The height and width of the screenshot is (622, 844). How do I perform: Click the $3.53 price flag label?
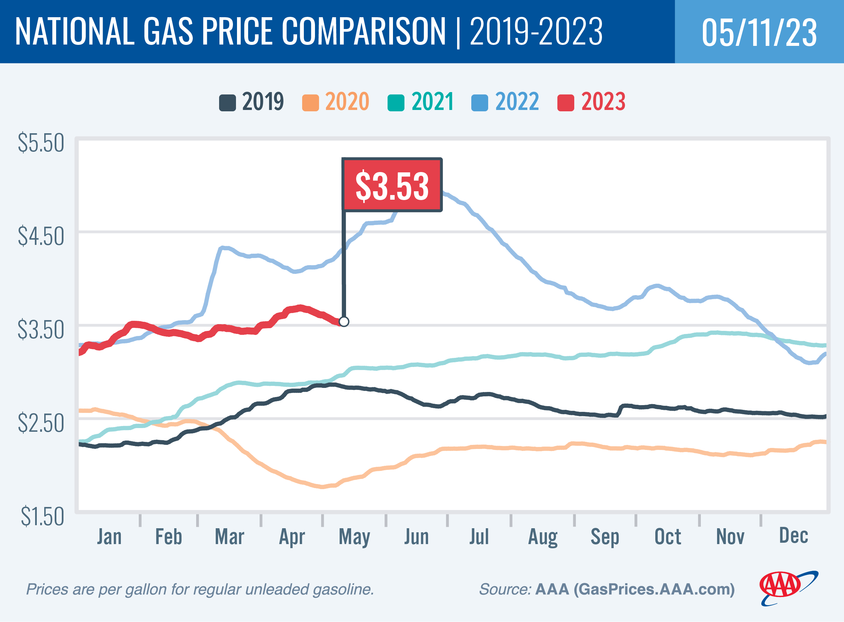tap(392, 185)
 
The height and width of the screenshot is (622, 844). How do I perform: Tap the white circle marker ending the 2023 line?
tap(344, 321)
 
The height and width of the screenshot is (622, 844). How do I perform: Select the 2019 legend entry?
tap(251, 102)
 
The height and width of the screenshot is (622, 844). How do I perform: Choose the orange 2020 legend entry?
tap(336, 102)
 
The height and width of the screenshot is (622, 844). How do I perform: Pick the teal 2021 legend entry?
tap(421, 102)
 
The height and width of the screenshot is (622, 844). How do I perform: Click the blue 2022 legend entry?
tap(505, 102)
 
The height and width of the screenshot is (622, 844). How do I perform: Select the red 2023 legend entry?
tap(591, 102)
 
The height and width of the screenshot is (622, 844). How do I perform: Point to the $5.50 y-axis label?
tap(41, 143)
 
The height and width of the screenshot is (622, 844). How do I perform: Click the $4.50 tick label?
tap(41, 236)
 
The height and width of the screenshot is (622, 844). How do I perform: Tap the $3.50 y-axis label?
tap(41, 330)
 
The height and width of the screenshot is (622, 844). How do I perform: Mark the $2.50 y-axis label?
tap(41, 423)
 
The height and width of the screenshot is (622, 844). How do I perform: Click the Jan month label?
tap(109, 537)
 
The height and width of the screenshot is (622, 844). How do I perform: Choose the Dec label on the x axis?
tap(793, 536)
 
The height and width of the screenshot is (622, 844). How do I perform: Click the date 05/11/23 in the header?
tap(759, 32)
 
